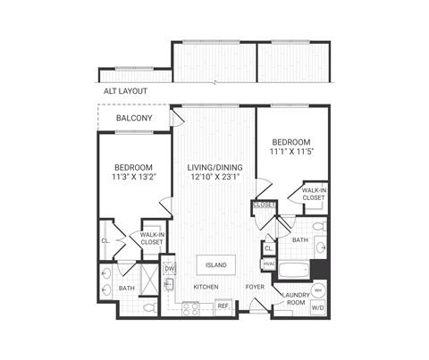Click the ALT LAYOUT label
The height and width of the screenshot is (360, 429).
click(124, 91)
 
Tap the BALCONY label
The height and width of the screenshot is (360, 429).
click(133, 119)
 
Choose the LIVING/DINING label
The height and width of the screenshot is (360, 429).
click(214, 167)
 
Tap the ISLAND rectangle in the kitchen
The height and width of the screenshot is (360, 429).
click(216, 265)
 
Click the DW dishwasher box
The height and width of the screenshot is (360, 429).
click(168, 266)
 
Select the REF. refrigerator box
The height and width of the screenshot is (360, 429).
click(223, 306)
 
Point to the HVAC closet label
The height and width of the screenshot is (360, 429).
click(269, 264)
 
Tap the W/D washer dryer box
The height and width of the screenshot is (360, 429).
click(319, 306)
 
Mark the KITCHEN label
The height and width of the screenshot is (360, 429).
click(206, 286)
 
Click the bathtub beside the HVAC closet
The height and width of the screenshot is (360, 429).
click(295, 270)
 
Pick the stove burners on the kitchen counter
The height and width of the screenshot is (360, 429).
click(190, 307)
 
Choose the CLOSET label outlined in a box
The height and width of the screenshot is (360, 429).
click(264, 205)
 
